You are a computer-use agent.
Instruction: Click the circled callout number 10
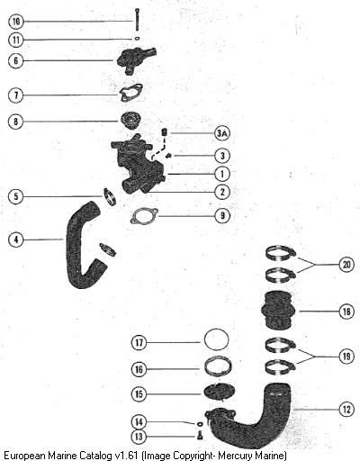click(x=16, y=22)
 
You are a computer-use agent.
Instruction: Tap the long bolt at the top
click(x=138, y=19)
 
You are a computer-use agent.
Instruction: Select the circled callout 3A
click(x=222, y=133)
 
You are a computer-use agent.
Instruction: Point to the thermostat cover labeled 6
click(x=134, y=60)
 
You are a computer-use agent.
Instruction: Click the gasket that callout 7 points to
click(x=131, y=93)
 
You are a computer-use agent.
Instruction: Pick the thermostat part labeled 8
click(x=130, y=121)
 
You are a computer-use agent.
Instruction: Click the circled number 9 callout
click(x=222, y=215)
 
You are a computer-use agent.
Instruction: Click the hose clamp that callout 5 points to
click(x=110, y=196)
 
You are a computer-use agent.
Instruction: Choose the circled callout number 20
click(x=346, y=265)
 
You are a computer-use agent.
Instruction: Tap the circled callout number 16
click(x=139, y=369)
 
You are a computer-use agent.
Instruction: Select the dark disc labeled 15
click(x=219, y=392)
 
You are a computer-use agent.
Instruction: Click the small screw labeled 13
click(x=200, y=436)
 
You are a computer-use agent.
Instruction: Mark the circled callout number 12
click(x=346, y=409)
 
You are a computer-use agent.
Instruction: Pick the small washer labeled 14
click(x=200, y=424)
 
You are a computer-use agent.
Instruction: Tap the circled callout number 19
click(x=346, y=357)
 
